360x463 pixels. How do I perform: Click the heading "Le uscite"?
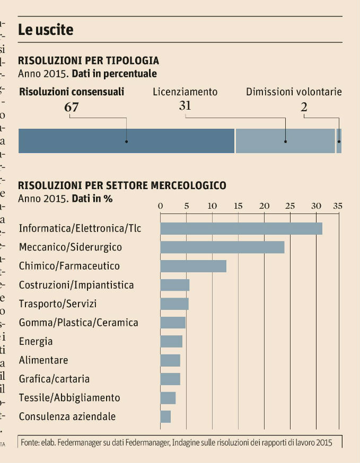46,30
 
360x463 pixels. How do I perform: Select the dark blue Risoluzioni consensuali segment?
126,141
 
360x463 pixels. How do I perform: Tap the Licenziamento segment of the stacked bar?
285,141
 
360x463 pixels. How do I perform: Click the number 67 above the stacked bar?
72,107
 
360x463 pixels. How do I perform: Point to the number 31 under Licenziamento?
185,105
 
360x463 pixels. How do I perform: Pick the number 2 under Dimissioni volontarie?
304,107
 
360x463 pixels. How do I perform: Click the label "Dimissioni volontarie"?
294,92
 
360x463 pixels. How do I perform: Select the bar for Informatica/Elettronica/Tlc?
241,228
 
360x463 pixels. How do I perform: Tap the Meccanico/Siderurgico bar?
222,247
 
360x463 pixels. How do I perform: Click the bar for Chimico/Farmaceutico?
193,266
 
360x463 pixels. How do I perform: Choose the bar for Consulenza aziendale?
165,416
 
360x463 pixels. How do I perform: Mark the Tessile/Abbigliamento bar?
168,398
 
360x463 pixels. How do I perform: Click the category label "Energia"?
36,342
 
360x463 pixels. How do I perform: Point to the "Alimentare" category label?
43,360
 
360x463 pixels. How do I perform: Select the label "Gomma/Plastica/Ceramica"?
78,323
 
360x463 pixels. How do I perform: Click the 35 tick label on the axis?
337,206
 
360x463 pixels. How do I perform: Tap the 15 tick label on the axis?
238,206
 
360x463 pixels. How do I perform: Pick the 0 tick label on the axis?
161,206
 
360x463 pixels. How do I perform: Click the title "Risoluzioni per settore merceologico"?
122,185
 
